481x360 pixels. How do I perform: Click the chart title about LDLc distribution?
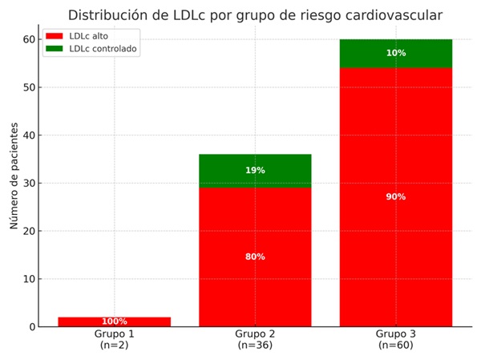pos(255,14)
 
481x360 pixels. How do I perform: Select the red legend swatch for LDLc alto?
pos(54,36)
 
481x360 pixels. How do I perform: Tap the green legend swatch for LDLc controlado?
pos(54,49)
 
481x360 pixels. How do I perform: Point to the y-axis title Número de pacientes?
pos(14,176)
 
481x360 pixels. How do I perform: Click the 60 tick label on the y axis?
pos(28,39)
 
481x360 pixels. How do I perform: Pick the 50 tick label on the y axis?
pos(28,87)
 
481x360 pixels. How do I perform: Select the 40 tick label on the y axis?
pos(28,136)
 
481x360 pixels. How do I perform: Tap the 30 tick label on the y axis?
pos(28,184)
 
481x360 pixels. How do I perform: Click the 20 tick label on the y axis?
pos(28,231)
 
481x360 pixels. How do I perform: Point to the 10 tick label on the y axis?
pos(28,279)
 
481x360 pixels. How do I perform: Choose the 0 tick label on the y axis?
pos(31,327)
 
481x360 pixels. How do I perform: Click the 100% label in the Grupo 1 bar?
pos(114,322)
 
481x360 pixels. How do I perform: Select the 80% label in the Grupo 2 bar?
pos(255,257)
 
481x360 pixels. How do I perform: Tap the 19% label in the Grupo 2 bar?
pos(255,171)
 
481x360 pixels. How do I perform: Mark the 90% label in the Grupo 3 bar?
pos(396,197)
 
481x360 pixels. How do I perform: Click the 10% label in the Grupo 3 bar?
pos(396,53)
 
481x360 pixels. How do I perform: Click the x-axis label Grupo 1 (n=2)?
pos(114,339)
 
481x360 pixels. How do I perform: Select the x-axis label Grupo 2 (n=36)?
pos(255,339)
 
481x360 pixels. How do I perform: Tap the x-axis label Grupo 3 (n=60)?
pos(396,339)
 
